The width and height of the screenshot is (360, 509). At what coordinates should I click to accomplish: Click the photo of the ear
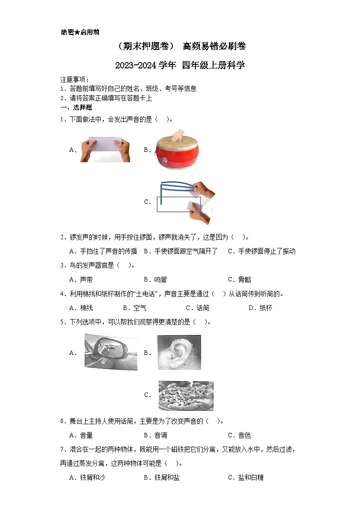coord(179,352)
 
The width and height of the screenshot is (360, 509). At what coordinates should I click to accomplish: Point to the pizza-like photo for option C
coord(186,395)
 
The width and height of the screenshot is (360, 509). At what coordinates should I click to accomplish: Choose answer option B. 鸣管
coord(155,280)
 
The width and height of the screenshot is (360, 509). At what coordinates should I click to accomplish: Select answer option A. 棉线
coord(81,308)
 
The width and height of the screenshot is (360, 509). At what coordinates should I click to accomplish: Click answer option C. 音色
coord(239,435)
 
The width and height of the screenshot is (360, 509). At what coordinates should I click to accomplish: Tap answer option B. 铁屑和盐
coord(162,477)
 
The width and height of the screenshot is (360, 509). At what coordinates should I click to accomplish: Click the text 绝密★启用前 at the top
coord(80,32)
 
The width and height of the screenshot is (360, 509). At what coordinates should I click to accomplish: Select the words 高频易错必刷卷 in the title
coord(214,46)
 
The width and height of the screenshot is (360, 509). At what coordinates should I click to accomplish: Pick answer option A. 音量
coord(81,435)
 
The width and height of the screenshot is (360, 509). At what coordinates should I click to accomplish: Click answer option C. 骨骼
coord(239,280)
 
